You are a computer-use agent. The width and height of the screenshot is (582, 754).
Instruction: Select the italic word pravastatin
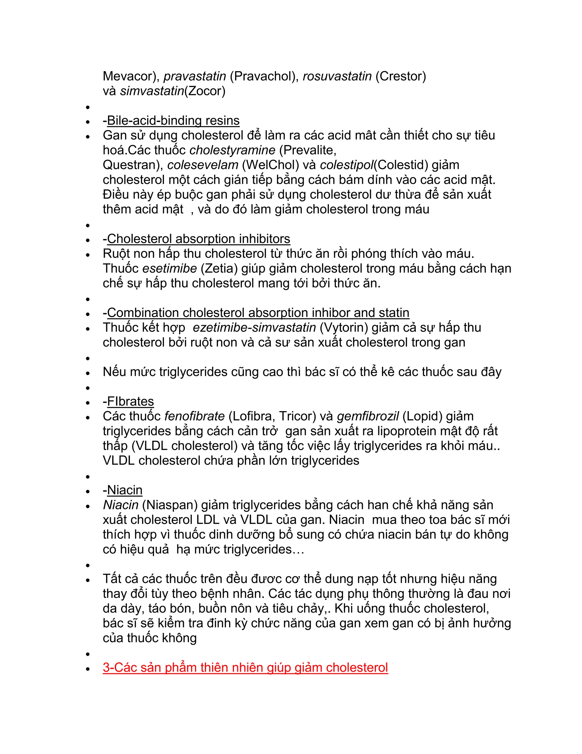click(x=195, y=76)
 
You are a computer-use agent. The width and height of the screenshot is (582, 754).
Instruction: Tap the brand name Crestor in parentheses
click(x=401, y=76)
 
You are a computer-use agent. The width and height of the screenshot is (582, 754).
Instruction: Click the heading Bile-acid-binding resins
click(x=173, y=121)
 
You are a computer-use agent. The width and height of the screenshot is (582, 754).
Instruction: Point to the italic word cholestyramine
click(x=232, y=150)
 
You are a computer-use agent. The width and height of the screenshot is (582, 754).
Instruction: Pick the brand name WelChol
click(x=270, y=165)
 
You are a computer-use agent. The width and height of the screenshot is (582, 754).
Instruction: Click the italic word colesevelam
click(x=203, y=165)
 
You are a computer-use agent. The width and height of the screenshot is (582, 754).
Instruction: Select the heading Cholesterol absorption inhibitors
click(x=198, y=239)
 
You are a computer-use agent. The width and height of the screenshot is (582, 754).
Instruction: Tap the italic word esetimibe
click(x=169, y=269)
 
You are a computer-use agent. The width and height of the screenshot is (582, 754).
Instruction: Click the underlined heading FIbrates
click(x=130, y=401)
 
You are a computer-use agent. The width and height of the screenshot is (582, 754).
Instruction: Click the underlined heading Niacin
click(x=124, y=490)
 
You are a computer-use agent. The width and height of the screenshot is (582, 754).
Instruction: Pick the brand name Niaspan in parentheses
click(x=170, y=505)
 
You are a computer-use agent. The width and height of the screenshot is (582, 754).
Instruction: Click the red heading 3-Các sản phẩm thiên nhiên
click(x=245, y=668)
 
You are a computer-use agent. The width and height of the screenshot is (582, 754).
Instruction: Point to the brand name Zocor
click(x=205, y=91)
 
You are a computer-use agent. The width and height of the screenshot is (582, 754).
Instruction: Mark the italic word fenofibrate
click(x=194, y=416)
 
